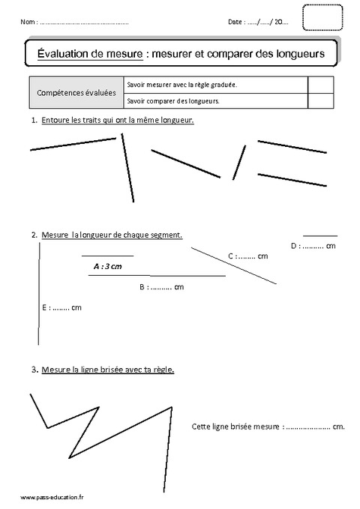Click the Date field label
coord(235,23)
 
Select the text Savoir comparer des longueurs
coord(173,100)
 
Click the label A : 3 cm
coord(107,265)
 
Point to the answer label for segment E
coord(61,307)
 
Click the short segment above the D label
coord(319,235)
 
